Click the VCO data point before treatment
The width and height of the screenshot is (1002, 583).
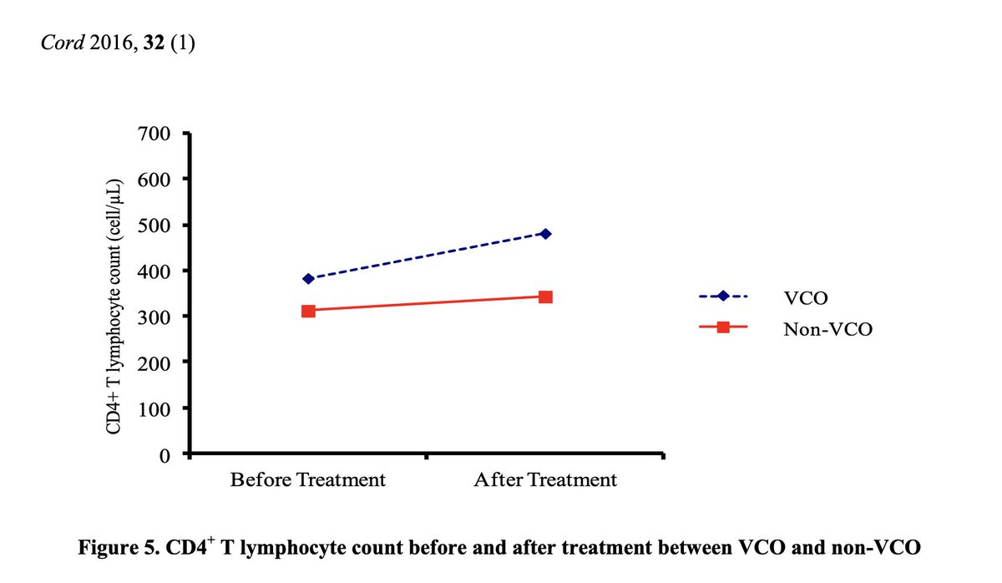[308, 279]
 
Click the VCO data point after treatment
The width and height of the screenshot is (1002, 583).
[545, 234]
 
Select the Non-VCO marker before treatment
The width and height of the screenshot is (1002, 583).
[308, 311]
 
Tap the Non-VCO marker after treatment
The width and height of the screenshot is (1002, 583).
[545, 297]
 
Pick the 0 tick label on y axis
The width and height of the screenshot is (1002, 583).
[164, 455]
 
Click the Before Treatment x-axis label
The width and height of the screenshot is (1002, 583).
[308, 480]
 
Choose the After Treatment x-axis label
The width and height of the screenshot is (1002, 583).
[545, 480]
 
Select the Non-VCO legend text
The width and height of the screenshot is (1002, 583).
[827, 329]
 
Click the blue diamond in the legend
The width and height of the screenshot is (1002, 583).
[723, 297]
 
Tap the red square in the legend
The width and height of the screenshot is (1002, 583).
[723, 328]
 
